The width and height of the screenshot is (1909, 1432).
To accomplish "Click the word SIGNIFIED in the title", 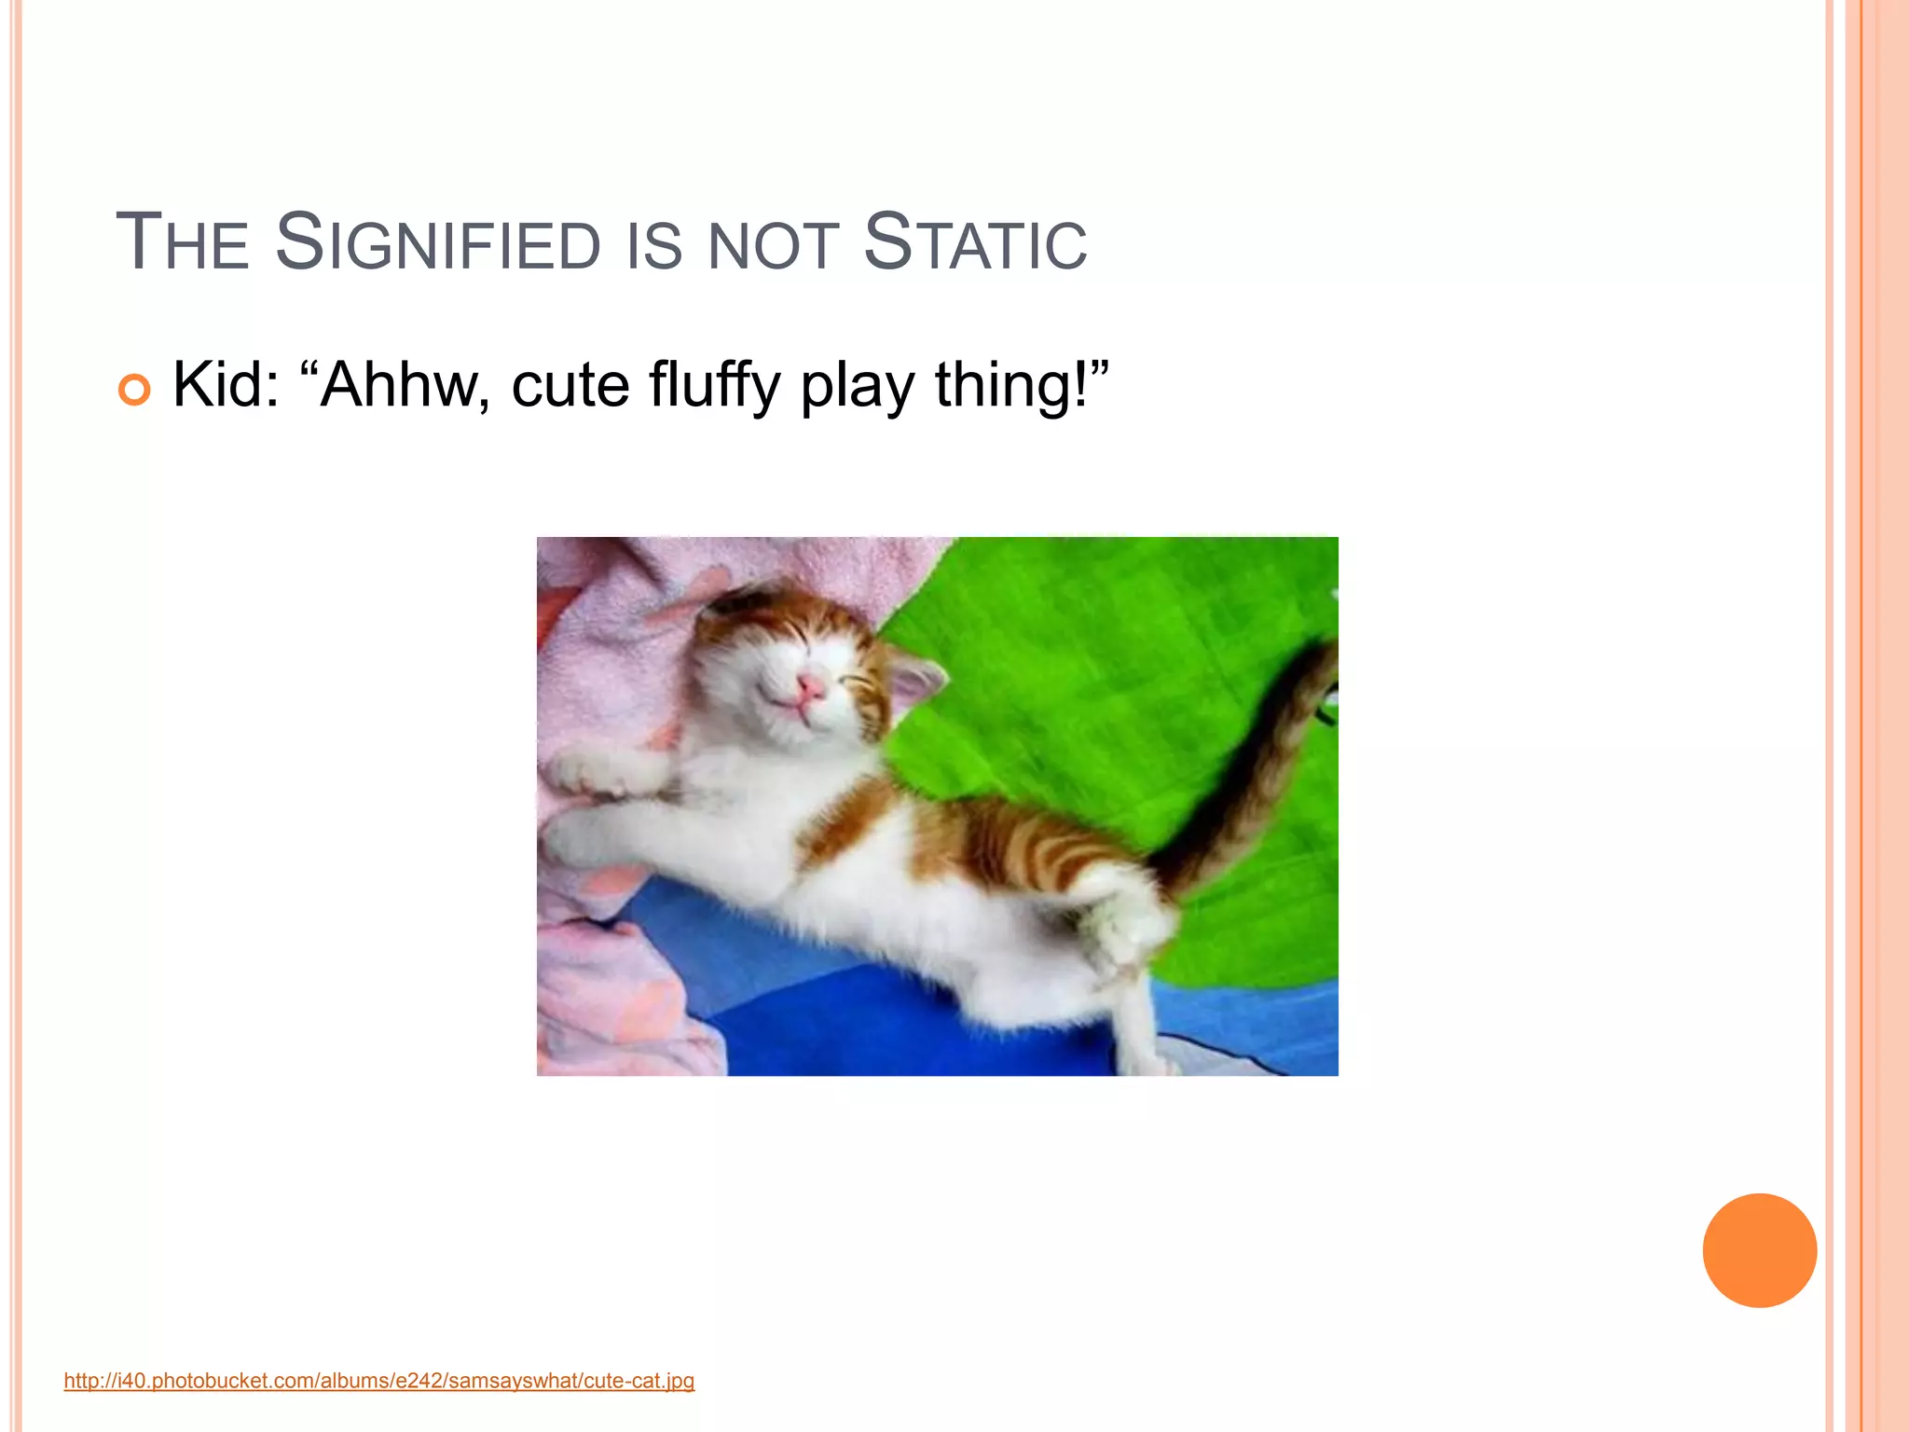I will point(438,243).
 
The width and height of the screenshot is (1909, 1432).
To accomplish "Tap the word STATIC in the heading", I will point(975,243).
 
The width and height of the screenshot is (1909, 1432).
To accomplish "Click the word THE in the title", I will point(183,243).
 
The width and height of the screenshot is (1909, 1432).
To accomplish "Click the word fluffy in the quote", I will point(714,384).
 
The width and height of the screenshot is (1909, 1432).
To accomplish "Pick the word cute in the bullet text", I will point(570,386).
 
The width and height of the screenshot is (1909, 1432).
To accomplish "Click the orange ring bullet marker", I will point(134,389).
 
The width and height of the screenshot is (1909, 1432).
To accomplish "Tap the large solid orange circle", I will point(1759,1250).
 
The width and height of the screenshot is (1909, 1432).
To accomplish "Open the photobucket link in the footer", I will point(378,1381).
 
